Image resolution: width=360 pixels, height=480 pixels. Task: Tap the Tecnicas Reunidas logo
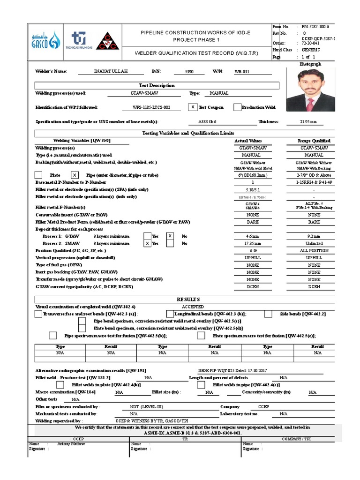[80, 40]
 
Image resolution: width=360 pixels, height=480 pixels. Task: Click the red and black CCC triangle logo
[108, 40]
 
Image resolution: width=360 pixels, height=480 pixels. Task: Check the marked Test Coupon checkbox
[192, 107]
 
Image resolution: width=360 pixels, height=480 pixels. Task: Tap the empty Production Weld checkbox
[237, 107]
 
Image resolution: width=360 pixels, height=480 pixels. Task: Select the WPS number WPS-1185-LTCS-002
[151, 107]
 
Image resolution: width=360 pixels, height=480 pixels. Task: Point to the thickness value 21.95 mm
[308, 122]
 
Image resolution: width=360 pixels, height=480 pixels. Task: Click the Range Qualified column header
[314, 141]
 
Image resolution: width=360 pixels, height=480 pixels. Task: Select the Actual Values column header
[248, 141]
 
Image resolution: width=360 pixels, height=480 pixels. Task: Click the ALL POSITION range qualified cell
[314, 251]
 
